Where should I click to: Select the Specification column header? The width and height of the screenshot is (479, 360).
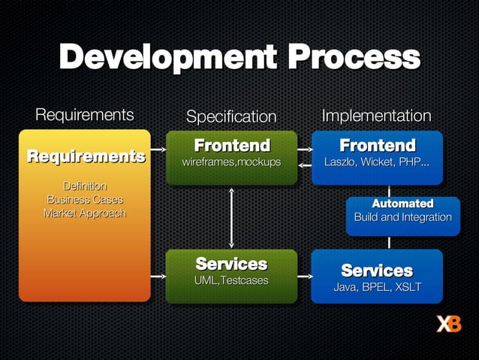(x=231, y=116)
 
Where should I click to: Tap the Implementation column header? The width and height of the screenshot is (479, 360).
(x=376, y=116)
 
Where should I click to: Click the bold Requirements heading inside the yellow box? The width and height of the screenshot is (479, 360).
(x=86, y=156)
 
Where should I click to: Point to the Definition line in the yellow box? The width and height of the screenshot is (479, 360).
(x=85, y=186)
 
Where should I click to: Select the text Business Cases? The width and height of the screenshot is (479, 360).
(x=85, y=199)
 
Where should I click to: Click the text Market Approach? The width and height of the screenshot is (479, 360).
(x=85, y=213)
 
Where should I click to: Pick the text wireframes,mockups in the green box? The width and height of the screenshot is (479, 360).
(x=231, y=162)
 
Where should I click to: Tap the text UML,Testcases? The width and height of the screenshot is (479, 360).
(x=231, y=280)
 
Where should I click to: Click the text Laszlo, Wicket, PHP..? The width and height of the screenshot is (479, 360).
(x=377, y=162)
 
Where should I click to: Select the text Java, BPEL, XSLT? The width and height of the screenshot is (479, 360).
(x=377, y=287)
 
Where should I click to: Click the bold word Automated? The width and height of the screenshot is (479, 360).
(x=402, y=204)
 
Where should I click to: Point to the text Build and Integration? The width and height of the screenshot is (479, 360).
(x=402, y=217)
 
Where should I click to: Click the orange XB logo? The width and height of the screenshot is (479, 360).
(x=449, y=324)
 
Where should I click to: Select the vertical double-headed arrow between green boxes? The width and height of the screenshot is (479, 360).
(x=231, y=217)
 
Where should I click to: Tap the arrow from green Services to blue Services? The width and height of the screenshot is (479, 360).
(x=304, y=277)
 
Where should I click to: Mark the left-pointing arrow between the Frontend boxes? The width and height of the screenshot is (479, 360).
(x=304, y=165)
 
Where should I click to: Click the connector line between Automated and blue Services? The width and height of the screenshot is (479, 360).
(x=389, y=242)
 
